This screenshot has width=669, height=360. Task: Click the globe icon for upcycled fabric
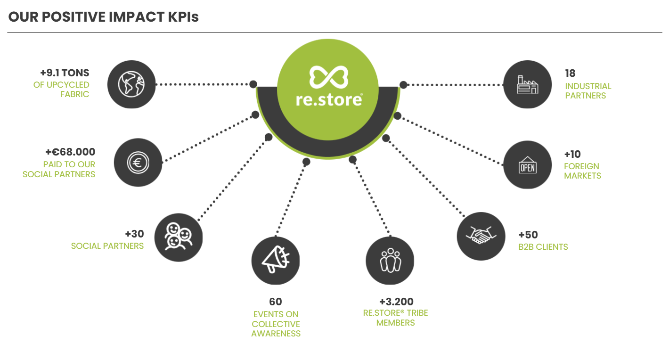131,85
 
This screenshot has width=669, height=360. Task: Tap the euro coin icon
138,163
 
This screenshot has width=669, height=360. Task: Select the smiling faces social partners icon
178,237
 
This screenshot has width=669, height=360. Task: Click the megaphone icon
275,261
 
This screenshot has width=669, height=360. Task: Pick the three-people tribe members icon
390,261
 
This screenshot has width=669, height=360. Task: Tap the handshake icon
481,236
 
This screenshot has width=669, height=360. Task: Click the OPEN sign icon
527,165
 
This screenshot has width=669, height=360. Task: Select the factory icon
527,85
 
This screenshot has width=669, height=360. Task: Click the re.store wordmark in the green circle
329,99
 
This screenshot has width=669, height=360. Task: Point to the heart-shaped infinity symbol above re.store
328,77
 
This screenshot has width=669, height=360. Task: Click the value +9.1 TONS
65,73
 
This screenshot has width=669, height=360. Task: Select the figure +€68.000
70,152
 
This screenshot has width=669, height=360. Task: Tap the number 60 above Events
276,302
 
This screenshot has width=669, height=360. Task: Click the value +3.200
396,302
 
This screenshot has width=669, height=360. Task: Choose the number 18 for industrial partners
570,74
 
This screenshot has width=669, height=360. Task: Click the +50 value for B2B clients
528,235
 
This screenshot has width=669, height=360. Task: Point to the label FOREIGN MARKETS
582,171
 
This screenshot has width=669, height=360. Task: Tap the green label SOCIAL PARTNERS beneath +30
107,246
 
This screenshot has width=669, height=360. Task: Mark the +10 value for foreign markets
572,154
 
